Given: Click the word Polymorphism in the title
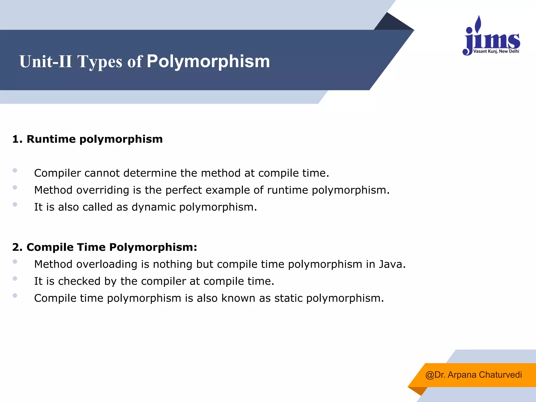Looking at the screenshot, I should pos(208,62).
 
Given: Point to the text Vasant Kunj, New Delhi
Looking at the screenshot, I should pos(496,51).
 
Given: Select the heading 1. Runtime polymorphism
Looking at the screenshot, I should pos(87,139).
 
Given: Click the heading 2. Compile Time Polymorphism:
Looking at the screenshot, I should pos(104,247).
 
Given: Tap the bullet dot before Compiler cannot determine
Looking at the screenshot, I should pos(15,171).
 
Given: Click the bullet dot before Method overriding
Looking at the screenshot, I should pos(15,187).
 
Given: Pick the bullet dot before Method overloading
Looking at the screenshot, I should pos(15,261).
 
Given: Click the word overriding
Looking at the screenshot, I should pos(103,190).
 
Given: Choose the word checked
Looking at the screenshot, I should pos(79,281).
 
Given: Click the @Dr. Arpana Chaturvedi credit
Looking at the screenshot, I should pos(473,375).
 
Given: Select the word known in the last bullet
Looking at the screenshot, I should pos(238,298).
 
